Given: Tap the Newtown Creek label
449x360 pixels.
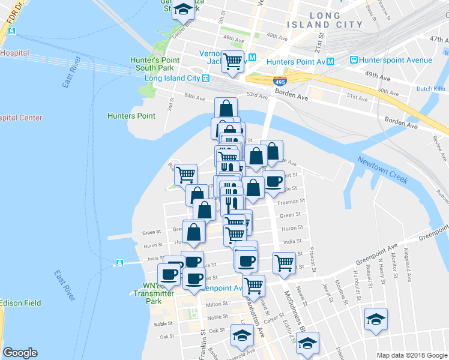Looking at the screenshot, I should coord(384,169).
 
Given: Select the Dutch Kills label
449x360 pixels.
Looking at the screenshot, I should coord(431,88).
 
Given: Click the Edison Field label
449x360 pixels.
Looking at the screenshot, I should coord(20,302).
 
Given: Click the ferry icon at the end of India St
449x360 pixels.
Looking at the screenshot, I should coord(119,263).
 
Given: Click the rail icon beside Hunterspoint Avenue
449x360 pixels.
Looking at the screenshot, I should coord(354,61).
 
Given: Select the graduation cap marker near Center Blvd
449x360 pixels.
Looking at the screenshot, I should coord(182,10).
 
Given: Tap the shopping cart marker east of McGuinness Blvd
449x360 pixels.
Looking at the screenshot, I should coord(283,262).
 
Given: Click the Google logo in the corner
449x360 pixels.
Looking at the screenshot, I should coord(20,353).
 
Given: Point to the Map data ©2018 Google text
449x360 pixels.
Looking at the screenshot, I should coord(411,355).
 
